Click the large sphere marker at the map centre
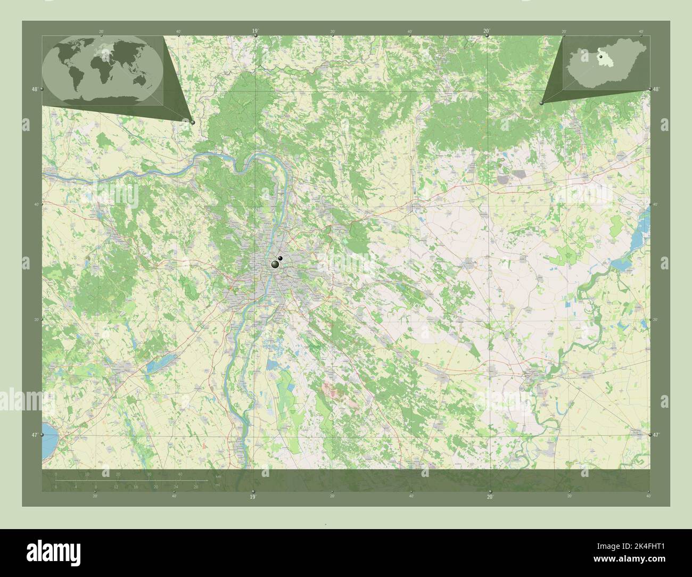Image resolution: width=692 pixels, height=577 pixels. point(275,264)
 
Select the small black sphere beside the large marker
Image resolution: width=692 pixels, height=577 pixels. point(280,259)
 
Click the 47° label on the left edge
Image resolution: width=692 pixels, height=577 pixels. point(34,435)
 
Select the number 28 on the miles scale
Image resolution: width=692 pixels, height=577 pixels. point(196,487)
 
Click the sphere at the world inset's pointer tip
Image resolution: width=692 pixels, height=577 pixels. point(193,122)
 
